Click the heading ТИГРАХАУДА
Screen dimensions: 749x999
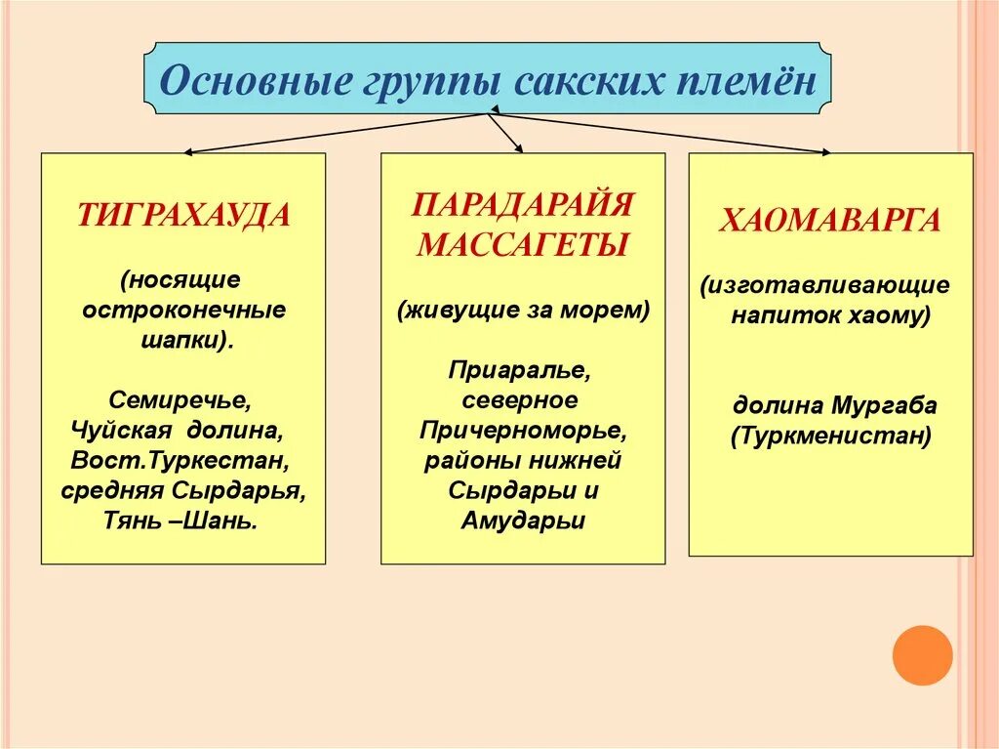[x=183, y=215]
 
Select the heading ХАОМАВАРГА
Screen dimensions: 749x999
[x=830, y=221]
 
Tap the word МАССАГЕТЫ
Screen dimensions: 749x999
[x=522, y=244]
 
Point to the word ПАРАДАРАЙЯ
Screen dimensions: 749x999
[x=522, y=205]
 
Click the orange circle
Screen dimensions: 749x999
[x=922, y=654]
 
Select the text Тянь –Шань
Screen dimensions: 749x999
[x=180, y=520]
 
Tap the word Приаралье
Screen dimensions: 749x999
[x=521, y=371]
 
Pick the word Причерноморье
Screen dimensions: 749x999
[x=522, y=431]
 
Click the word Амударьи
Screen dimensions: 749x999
[x=523, y=520]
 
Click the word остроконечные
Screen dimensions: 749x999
[x=183, y=311]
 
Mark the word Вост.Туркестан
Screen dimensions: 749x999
[x=180, y=460]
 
